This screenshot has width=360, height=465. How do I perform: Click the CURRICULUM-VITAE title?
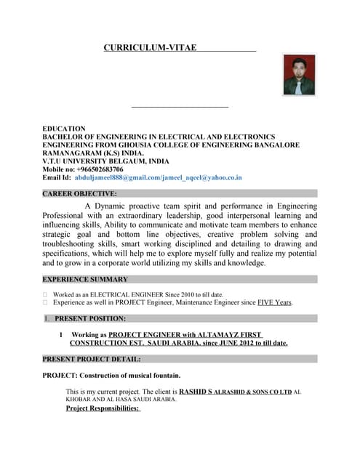click(150, 48)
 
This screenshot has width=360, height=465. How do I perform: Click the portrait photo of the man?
click(299, 75)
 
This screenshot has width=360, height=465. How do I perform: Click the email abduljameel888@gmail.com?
click(118, 177)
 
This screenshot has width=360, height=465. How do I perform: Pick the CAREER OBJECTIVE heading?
click(79, 194)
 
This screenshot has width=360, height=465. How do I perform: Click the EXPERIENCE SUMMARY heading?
click(85, 279)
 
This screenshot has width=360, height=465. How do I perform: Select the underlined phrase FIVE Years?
click(275, 302)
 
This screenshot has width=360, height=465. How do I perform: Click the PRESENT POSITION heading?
click(90, 318)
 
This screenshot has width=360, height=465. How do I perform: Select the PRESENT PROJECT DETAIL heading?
click(92, 359)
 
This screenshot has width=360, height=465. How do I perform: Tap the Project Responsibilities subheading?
click(103, 408)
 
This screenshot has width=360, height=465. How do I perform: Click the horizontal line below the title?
click(180, 108)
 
